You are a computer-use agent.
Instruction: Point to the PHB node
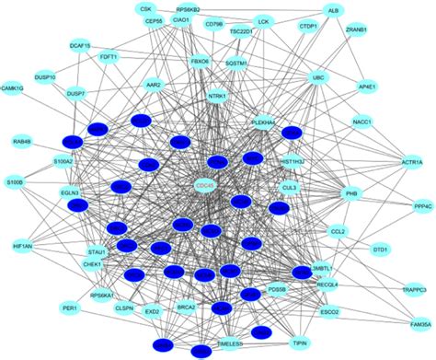pos(350,194)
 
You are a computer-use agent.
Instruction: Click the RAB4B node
pos(22,142)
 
